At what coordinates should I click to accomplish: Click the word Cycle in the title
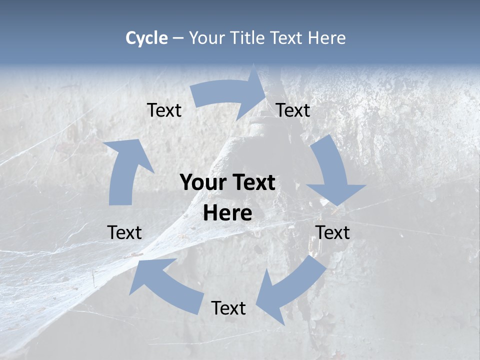pos(146,38)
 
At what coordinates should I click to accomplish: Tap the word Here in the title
pos(326,38)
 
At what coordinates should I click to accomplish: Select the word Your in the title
pos(207,38)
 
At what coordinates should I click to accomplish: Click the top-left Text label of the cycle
pos(164,110)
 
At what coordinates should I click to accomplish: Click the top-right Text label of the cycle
pos(293,110)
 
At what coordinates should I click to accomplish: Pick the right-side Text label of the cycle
pos(332,232)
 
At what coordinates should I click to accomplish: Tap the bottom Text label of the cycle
pos(228,308)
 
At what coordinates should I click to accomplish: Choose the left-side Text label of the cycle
pos(124,232)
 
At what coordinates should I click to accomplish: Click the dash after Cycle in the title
pos(178,38)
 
